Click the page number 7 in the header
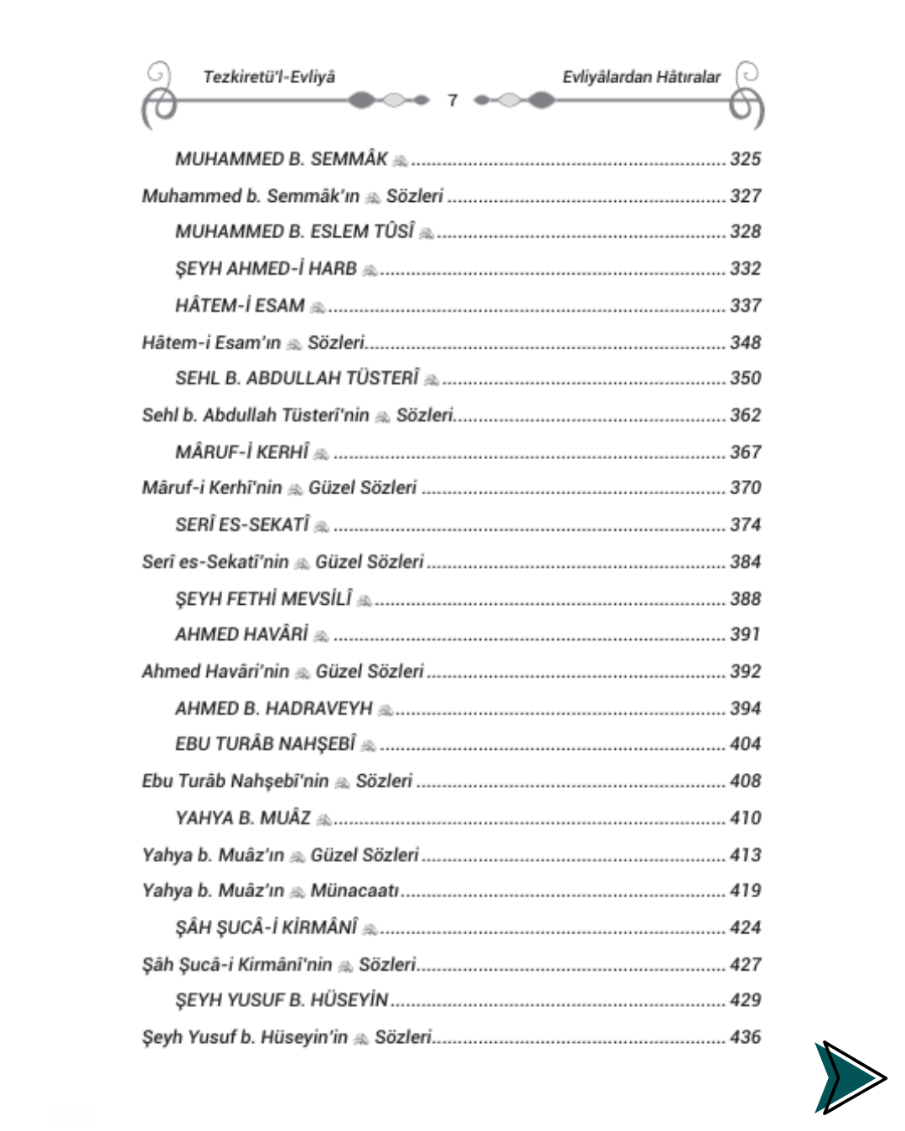coord(452,101)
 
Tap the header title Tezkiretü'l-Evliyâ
coord(269,77)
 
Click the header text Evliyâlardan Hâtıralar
coord(641,77)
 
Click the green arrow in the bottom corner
coord(848,1077)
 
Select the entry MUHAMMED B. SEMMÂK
coord(282,159)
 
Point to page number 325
coord(745,159)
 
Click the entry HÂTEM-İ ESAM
coord(240,306)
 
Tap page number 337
coord(745,306)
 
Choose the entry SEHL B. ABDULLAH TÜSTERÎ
coord(297,379)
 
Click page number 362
coord(745,416)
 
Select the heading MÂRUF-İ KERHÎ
coord(242,452)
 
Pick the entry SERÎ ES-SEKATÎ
coord(242,525)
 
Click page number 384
coord(745,562)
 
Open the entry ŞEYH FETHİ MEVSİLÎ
coord(264,599)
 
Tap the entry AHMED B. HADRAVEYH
coord(274,709)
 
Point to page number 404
coord(745,744)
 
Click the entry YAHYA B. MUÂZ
coord(243,819)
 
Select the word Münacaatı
coord(354,891)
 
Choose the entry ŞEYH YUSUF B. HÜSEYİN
coord(282,1000)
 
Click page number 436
coord(745,1037)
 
